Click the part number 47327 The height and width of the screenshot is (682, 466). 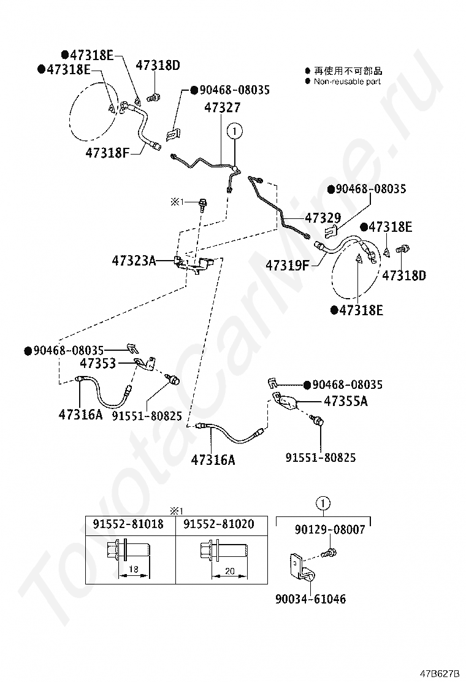(222, 107)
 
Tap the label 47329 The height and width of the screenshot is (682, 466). (323, 218)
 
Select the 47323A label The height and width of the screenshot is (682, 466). (134, 261)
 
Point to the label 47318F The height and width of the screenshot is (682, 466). (107, 153)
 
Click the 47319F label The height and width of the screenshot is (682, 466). (288, 265)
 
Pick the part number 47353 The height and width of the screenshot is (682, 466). (98, 363)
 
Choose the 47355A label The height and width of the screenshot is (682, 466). (346, 400)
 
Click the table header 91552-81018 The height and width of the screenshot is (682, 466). (128, 524)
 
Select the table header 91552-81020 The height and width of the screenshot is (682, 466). (219, 524)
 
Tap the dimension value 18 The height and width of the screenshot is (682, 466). (134, 569)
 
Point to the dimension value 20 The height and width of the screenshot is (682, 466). (229, 570)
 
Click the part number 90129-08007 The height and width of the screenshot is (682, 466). (330, 529)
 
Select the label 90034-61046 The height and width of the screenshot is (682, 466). (310, 599)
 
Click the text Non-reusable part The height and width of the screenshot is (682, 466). (347, 82)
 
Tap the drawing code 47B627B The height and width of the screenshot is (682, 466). (440, 674)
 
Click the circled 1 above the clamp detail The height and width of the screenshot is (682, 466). (323, 504)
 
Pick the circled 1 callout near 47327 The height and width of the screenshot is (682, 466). (235, 131)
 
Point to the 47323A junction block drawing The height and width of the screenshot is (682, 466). (194, 264)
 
